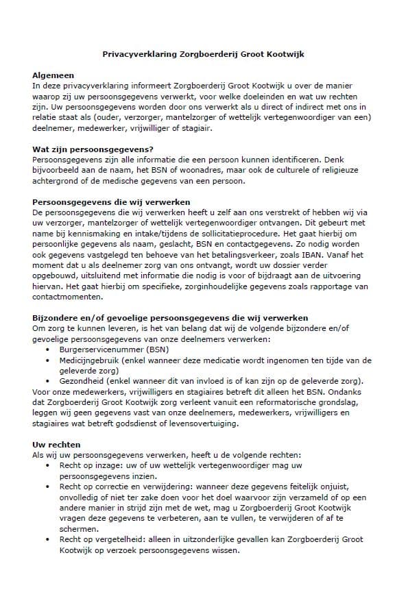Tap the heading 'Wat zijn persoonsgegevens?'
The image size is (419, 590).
[93, 149]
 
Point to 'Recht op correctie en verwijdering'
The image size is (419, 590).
[121, 487]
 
